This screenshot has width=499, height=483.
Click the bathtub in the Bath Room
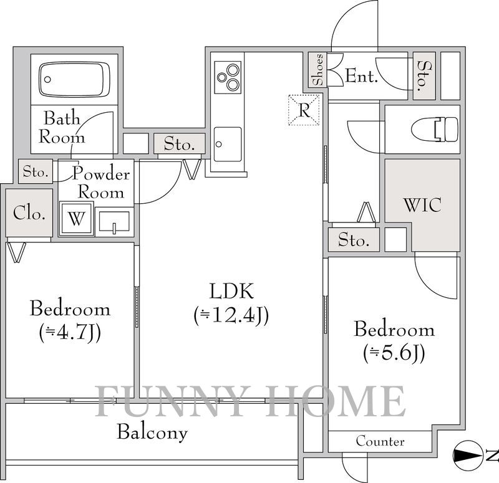[x=75, y=79]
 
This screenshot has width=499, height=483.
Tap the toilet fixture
[x=434, y=129]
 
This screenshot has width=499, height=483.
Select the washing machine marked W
[x=77, y=219]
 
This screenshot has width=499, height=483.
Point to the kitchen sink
[x=228, y=144]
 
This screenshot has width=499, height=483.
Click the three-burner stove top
[x=228, y=77]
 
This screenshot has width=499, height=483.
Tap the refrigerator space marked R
[x=304, y=110]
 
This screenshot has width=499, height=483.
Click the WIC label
[x=422, y=205]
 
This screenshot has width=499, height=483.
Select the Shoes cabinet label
[x=317, y=70]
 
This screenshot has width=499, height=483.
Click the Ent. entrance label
[x=361, y=76]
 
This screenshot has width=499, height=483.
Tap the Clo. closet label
[x=29, y=213]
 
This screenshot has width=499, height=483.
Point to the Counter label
[x=380, y=441]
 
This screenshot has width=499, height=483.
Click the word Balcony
[x=152, y=433]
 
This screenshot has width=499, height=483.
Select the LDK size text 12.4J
[x=231, y=315]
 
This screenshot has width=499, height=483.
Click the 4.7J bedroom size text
[x=70, y=333]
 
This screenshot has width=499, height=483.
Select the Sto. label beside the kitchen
[x=179, y=144]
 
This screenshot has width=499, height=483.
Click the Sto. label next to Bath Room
[x=36, y=172]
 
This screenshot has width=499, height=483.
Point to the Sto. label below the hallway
[x=354, y=240]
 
